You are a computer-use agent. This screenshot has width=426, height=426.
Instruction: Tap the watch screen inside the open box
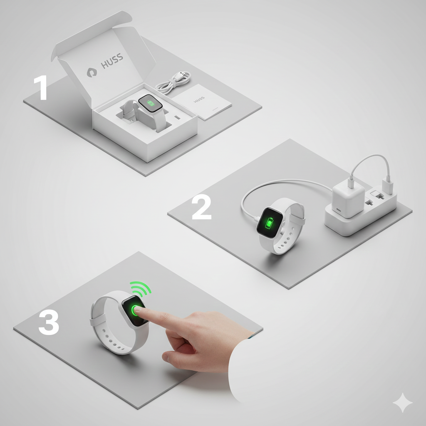(150, 103)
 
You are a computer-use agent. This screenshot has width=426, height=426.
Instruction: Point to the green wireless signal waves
(141, 287)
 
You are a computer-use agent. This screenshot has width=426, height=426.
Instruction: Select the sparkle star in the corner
(403, 402)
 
